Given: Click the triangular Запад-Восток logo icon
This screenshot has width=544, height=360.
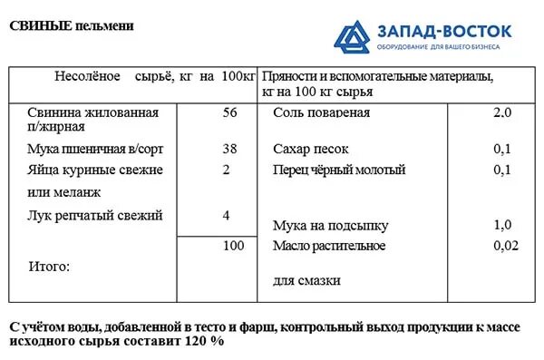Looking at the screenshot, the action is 352,34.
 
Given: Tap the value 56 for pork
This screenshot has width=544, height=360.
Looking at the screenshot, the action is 228,112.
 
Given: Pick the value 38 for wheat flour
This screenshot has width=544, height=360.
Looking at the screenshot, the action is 228,149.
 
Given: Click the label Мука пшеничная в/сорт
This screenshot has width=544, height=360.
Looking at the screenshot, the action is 95,149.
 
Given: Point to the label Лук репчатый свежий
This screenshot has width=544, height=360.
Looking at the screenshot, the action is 95,215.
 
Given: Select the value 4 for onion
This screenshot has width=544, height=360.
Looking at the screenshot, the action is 226,215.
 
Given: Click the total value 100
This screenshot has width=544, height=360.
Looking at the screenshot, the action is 234,246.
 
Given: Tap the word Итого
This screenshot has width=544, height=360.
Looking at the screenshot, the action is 50,267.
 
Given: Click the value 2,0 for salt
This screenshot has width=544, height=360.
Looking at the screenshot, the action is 502,113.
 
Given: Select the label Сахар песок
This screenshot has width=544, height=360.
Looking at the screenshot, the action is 310,149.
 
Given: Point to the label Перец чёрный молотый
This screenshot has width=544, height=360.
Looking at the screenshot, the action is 338,170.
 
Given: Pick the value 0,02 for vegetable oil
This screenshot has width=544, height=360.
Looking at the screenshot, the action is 506,246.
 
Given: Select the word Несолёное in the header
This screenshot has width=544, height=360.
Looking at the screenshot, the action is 88,77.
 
